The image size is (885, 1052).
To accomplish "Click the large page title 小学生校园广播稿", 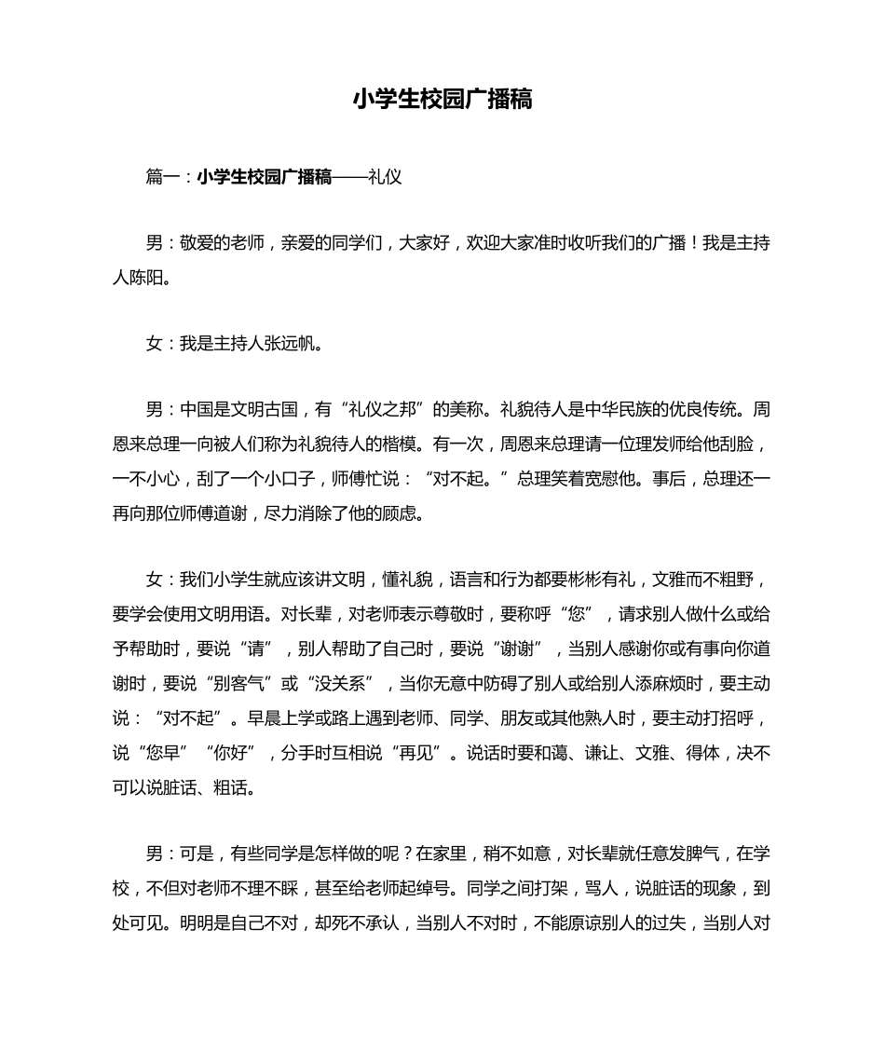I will pos(442,100).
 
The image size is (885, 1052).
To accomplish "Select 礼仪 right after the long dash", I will pos(385,177).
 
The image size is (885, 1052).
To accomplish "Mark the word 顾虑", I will pos(405,513).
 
